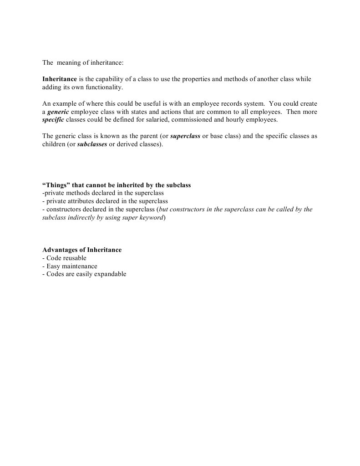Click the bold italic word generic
click(58, 112)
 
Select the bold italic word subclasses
click(93, 144)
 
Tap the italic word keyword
click(152, 217)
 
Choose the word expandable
click(108, 274)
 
